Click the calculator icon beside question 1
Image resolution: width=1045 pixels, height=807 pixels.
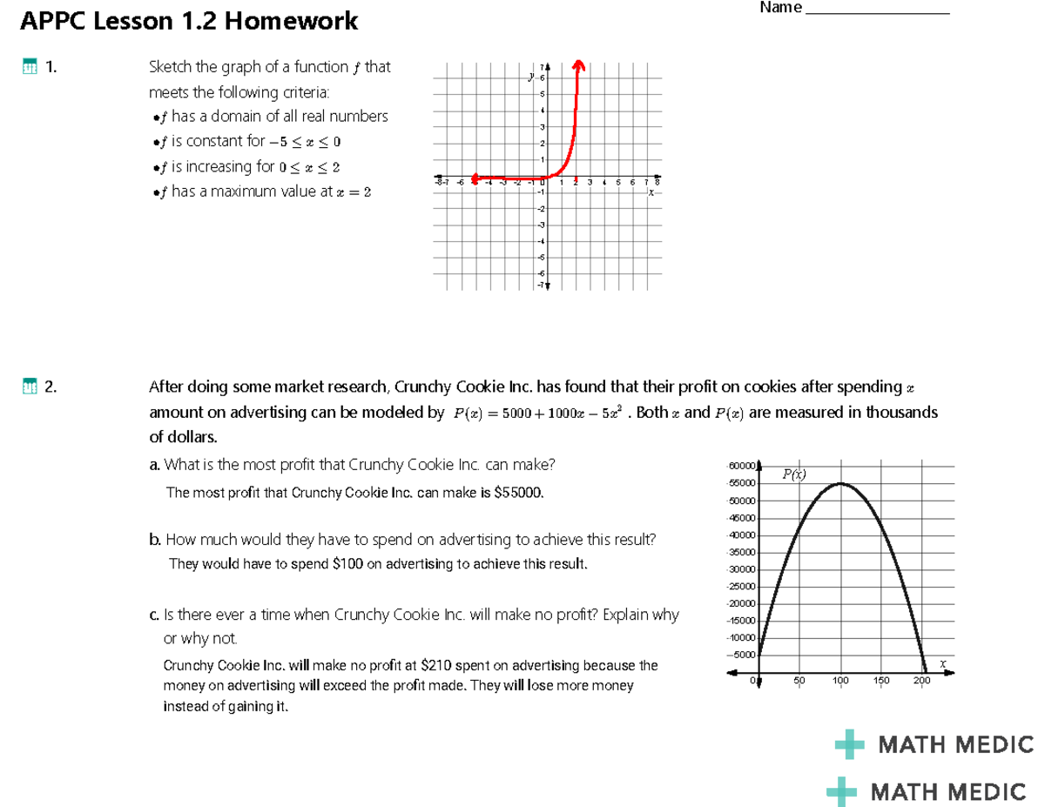[30, 68]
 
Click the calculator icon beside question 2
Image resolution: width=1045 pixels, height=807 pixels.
[30, 387]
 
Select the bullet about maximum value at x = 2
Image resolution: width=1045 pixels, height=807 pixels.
[261, 192]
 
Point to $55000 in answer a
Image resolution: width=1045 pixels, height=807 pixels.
[518, 493]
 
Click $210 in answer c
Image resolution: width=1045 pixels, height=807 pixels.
[435, 666]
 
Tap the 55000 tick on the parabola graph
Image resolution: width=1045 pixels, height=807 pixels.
[742, 483]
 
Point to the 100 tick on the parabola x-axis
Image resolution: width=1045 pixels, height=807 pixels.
[840, 680]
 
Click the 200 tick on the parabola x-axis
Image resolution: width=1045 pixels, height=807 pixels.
[922, 680]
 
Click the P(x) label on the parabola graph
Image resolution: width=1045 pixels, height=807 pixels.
[793, 474]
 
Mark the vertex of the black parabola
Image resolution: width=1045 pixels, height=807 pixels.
[840, 483]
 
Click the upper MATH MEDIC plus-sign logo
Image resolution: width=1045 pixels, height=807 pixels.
[849, 745]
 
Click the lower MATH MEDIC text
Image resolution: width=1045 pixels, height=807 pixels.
[948, 791]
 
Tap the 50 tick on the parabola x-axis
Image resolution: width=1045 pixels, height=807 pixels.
[799, 680]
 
